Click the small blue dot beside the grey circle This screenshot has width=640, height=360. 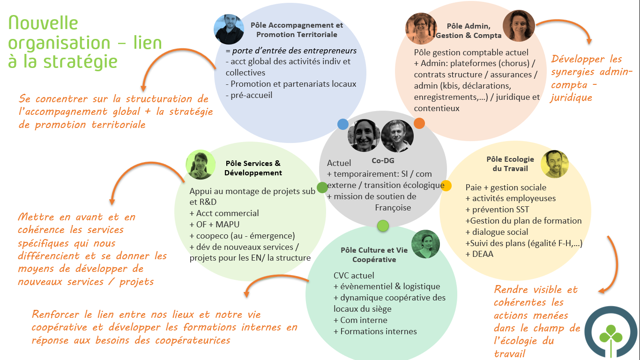pos(343,124)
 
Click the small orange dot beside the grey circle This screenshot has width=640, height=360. pos(419,123)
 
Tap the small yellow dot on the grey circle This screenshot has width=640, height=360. pos(446,186)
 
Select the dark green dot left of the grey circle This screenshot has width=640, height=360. pos(322,187)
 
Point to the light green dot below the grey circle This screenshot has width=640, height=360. pos(383,225)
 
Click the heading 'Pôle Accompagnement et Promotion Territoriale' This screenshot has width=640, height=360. pos(297,30)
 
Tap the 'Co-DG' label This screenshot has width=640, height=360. pos(383,161)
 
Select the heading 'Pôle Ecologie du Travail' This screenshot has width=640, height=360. pos(510,164)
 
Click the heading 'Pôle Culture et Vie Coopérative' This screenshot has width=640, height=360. pos(374,255)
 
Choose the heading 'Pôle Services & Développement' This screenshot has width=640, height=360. pos(253,168)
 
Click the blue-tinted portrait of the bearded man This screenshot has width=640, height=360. pos(229,29)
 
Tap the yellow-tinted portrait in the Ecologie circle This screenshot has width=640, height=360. pos(555,164)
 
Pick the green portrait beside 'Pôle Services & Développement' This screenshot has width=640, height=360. pos(201,165)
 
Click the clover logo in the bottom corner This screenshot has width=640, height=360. pos(611,332)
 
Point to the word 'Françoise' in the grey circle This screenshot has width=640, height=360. pos(393,208)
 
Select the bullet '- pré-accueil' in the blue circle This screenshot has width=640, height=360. pos(249,95)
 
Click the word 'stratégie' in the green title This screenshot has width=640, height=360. pos(81,62)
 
